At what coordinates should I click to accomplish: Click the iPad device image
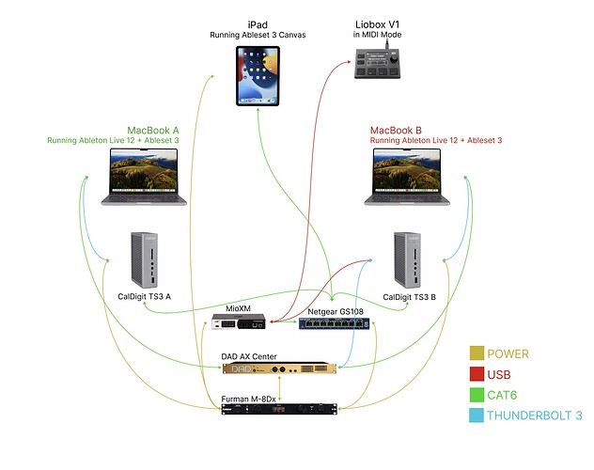click(258, 76)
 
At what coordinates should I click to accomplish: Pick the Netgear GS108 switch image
click(335, 324)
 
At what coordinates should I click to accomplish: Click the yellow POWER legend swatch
click(477, 354)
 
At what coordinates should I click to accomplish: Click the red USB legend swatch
click(477, 374)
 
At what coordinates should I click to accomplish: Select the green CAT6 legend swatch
click(477, 394)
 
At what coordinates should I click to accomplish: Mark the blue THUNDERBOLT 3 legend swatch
click(477, 414)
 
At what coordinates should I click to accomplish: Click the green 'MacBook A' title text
click(153, 131)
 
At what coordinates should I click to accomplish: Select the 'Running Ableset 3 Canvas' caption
click(258, 35)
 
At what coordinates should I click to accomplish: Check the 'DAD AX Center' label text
click(249, 356)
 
